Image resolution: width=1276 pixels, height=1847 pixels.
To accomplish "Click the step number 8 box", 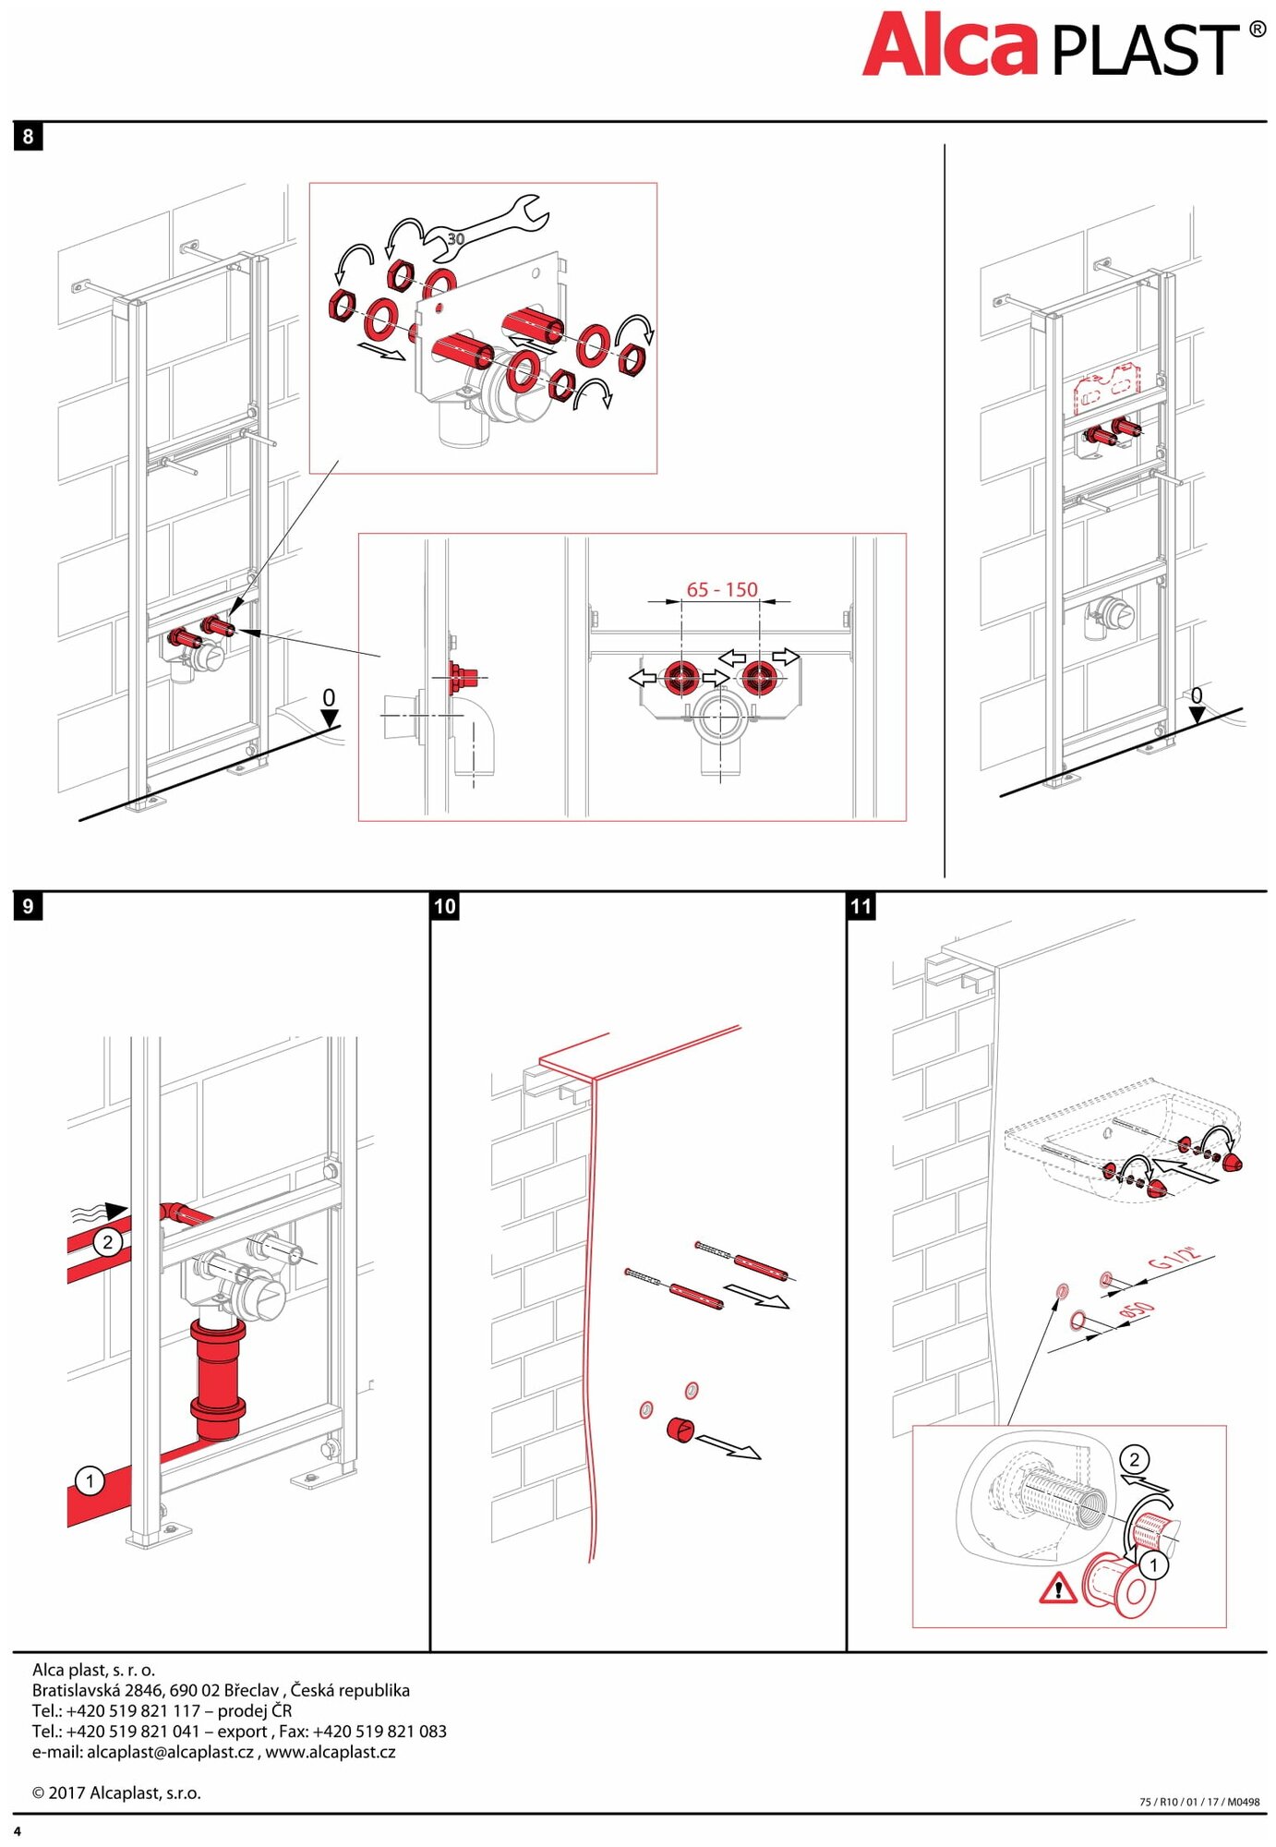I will [28, 137].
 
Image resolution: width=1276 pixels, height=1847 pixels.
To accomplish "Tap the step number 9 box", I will [28, 906].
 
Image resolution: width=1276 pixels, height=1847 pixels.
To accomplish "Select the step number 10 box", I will [445, 906].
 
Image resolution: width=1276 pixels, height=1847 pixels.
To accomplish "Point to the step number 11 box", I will [861, 906].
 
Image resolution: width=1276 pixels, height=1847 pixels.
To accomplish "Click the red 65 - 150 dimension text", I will [721, 589].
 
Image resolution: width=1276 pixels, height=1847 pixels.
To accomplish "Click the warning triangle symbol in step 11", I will [1057, 1588].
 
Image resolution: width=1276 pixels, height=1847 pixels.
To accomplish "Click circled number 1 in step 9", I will [90, 1481].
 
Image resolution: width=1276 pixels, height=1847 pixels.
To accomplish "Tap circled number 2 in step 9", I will [108, 1241].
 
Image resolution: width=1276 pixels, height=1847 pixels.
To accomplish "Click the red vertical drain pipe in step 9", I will [218, 1376].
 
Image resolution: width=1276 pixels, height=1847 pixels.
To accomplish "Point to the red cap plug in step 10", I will [680, 1430].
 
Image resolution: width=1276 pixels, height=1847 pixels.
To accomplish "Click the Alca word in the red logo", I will [950, 46].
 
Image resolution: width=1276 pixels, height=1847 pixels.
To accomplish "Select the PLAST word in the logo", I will [1145, 51].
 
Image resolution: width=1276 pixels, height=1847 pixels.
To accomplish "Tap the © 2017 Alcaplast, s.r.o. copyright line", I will [116, 1793].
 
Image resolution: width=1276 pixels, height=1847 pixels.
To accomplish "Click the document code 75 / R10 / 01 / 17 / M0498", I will [1198, 1801].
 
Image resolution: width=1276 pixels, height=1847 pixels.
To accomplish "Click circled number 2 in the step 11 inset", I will [1134, 1459].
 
